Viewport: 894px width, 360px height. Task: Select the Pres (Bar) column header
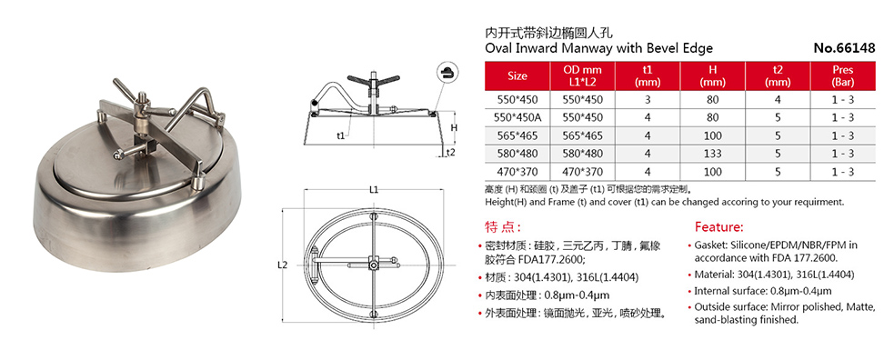tap(842, 75)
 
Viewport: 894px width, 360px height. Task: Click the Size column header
tap(517, 75)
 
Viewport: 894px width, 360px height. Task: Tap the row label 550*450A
tap(517, 117)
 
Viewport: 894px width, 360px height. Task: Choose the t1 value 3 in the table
tap(647, 99)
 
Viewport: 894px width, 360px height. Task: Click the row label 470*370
tap(517, 172)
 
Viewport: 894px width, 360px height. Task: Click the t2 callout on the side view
tap(449, 152)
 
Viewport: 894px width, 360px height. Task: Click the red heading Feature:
tap(719, 226)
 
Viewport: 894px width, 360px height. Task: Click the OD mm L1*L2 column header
tap(583, 75)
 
